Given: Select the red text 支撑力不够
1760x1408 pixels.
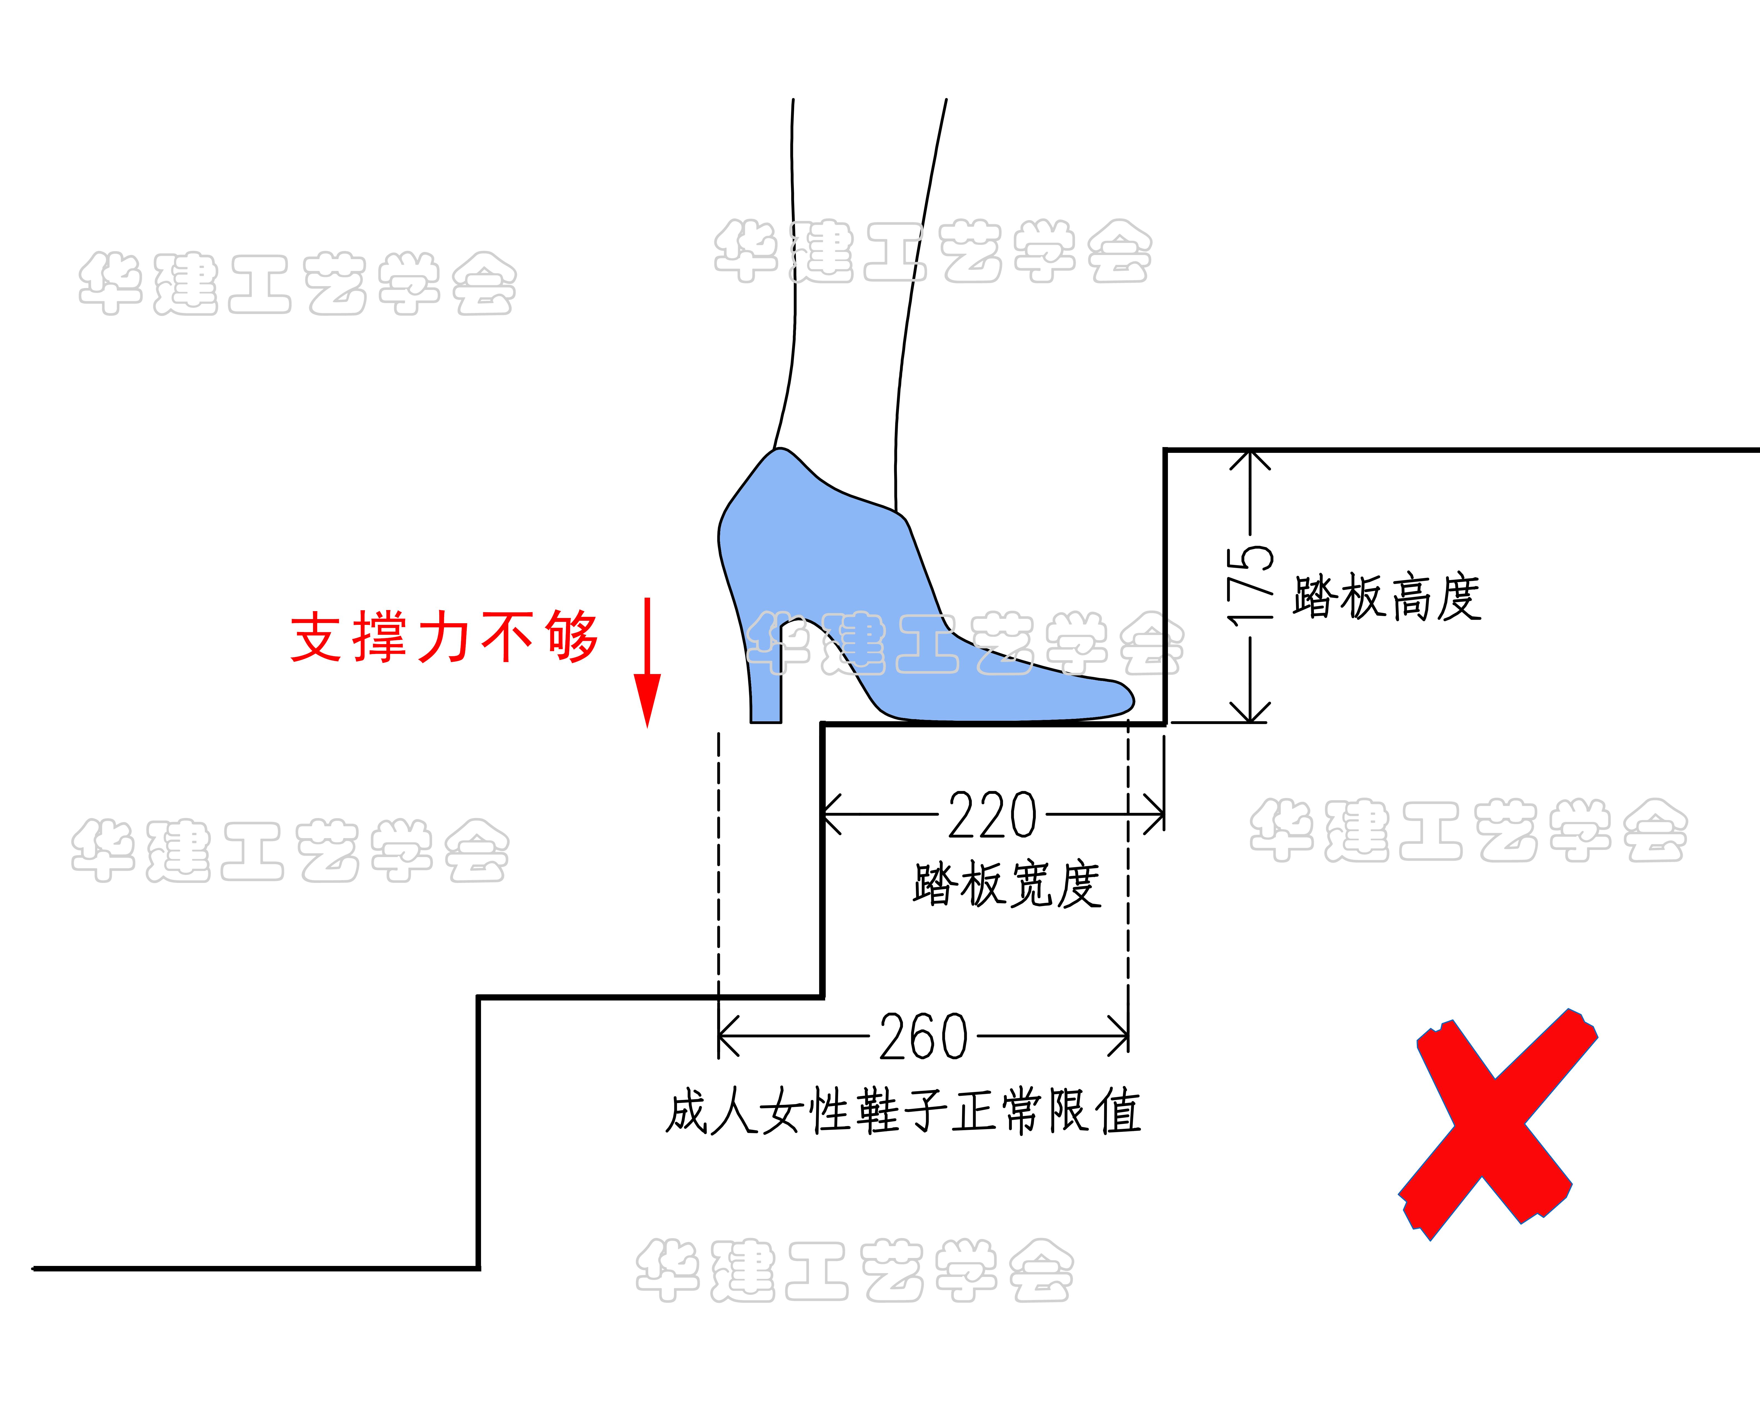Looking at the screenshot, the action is click(x=445, y=637).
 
